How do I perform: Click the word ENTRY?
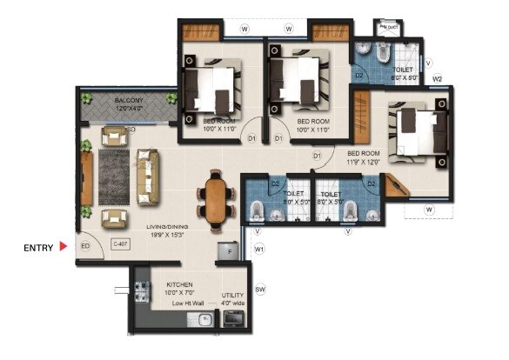pos(38,248)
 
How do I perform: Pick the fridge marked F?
pos(230,250)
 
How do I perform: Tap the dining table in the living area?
pos(215,199)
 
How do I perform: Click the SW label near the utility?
pos(259,289)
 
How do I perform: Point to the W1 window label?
pos(259,250)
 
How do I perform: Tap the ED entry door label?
pos(86,246)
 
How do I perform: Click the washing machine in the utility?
pos(233,320)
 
